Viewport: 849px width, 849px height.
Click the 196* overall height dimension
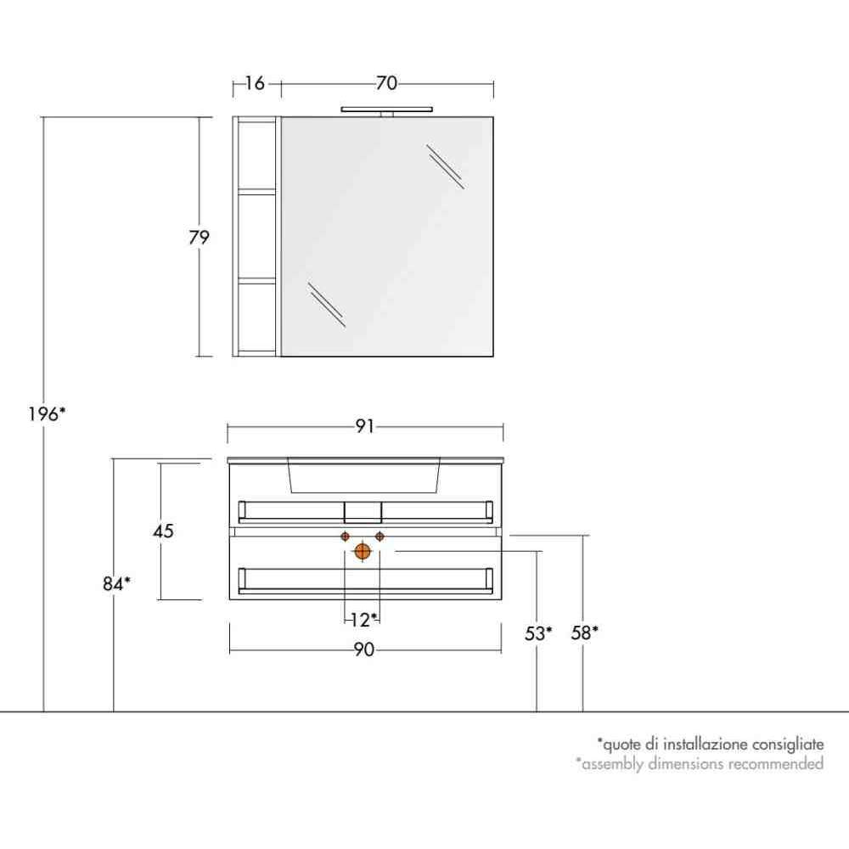click(47, 414)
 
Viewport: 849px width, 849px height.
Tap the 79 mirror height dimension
click(199, 237)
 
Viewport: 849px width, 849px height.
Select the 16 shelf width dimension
click(255, 83)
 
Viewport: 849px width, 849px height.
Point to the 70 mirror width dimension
click(386, 83)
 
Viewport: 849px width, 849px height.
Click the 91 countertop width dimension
click(365, 427)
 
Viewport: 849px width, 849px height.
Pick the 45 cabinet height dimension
click(163, 531)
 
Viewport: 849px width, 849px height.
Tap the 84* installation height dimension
click(116, 584)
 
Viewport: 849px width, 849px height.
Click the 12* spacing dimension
click(363, 620)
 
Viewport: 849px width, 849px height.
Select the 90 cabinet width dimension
click(364, 649)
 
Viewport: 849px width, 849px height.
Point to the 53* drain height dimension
click(538, 633)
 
